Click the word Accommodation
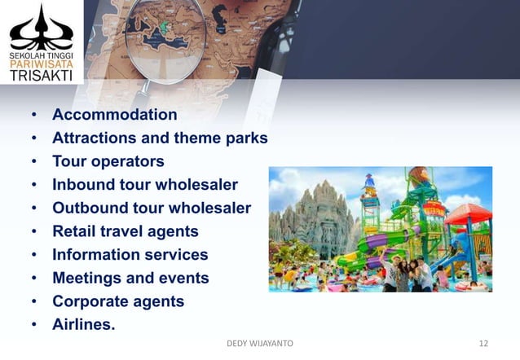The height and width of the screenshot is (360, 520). click(114, 114)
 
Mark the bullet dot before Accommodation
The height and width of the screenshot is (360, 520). click(33, 115)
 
